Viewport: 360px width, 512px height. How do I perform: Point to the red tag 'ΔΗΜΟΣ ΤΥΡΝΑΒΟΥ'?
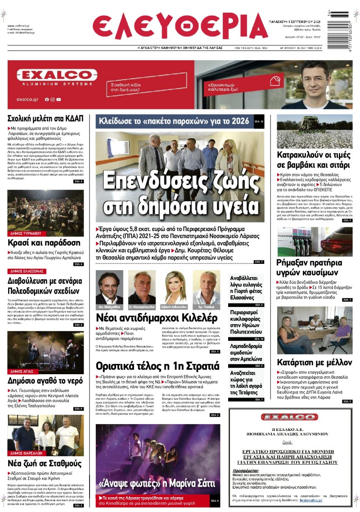[26, 234]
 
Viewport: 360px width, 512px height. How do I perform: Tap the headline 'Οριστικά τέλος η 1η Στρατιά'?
[157, 364]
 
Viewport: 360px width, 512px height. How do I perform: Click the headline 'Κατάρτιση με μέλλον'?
[314, 362]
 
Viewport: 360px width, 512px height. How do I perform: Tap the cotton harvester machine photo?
[314, 131]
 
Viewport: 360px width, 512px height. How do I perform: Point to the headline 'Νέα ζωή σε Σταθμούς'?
[45, 463]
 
